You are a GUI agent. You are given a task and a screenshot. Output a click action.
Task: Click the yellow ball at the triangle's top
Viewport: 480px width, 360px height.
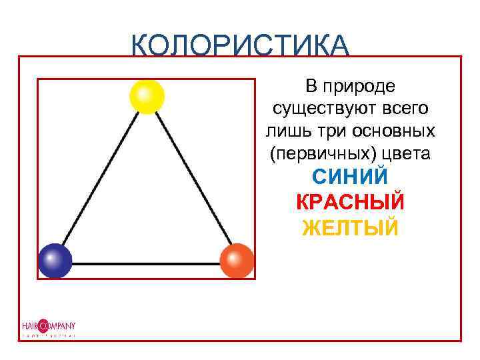pyautogui.click(x=147, y=97)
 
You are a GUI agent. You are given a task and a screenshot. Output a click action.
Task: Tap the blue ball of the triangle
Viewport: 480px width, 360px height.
pyautogui.click(x=55, y=261)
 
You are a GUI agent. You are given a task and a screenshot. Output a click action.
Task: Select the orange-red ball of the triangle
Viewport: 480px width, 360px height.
pyautogui.click(x=237, y=261)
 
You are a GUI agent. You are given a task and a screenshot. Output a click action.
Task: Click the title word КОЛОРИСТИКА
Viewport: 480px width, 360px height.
pyautogui.click(x=240, y=45)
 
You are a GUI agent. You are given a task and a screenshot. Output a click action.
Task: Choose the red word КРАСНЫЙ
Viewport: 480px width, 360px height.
pyautogui.click(x=350, y=203)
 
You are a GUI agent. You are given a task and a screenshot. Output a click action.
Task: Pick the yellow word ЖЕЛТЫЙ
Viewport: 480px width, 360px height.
pyautogui.click(x=350, y=228)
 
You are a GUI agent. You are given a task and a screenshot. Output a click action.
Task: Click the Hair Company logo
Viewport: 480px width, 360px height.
pyautogui.click(x=47, y=327)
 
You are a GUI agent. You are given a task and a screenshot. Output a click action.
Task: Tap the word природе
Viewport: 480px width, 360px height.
pyautogui.click(x=361, y=86)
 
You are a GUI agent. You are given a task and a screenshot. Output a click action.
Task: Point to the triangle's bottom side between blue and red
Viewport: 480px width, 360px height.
pyautogui.click(x=145, y=263)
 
